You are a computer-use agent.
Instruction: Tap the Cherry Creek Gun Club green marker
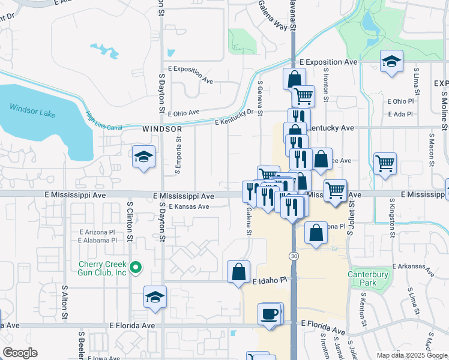[x=136, y=268]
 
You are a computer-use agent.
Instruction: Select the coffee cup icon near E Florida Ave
[x=270, y=313]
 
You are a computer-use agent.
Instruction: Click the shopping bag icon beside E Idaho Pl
[x=239, y=271]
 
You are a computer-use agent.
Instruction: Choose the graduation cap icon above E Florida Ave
[x=155, y=296]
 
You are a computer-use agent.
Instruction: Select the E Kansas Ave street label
[x=188, y=206]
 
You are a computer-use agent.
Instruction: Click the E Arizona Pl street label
[x=97, y=232]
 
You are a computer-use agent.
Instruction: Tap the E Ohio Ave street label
[x=184, y=113]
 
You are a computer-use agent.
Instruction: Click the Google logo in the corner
[x=20, y=353]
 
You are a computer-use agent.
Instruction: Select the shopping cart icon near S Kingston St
[x=384, y=162]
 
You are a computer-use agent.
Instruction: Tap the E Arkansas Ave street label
[x=414, y=268]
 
